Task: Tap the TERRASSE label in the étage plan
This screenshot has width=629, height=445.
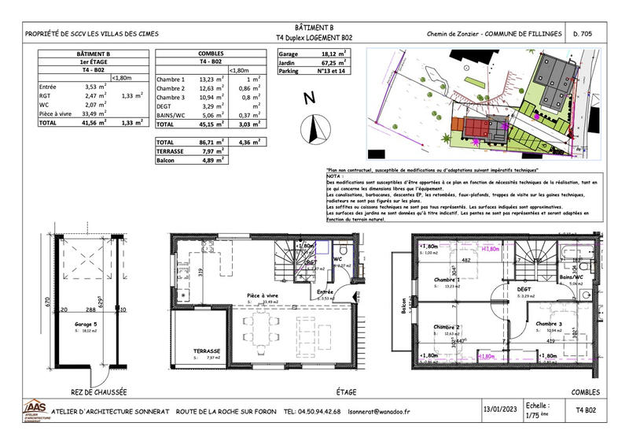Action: pyautogui.click(x=195, y=351)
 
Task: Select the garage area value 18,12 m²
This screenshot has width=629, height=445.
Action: pyautogui.click(x=334, y=54)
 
